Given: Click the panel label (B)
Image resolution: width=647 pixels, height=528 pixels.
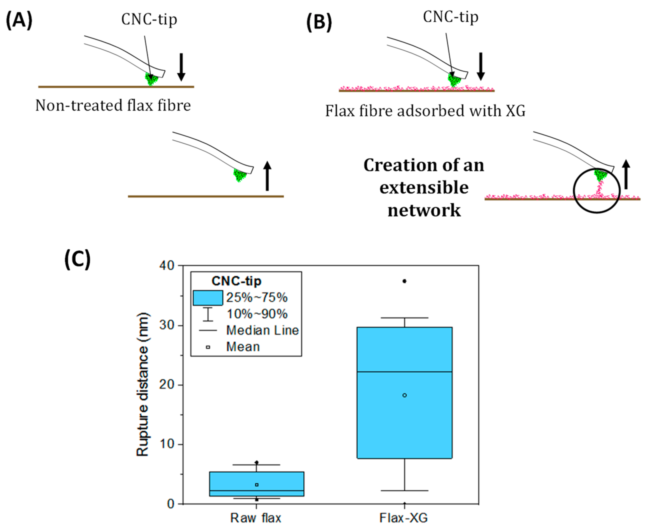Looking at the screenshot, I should [319, 23].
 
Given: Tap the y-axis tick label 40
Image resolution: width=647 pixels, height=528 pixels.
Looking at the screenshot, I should [167, 266].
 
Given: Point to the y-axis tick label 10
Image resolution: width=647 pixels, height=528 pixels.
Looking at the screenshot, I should [167, 444].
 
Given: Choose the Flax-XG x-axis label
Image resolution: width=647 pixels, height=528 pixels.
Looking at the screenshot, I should [404, 518].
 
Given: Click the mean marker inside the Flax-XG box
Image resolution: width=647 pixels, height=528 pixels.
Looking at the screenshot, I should [405, 395].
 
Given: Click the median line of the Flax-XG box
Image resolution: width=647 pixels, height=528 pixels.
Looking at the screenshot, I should [405, 372].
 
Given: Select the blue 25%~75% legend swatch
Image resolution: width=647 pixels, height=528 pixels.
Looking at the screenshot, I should [208, 298].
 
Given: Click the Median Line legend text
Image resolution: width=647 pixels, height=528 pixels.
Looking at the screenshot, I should [262, 330].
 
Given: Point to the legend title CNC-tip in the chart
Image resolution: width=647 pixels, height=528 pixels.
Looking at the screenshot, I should [236, 281].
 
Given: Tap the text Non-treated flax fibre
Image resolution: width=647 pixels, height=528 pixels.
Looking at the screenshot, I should [113, 106].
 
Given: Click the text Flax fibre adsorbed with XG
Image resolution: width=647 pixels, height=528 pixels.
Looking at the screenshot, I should [425, 111].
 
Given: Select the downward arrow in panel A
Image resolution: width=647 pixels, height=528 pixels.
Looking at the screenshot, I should [181, 67].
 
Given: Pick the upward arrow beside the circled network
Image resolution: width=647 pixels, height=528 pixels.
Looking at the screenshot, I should [626, 174].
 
